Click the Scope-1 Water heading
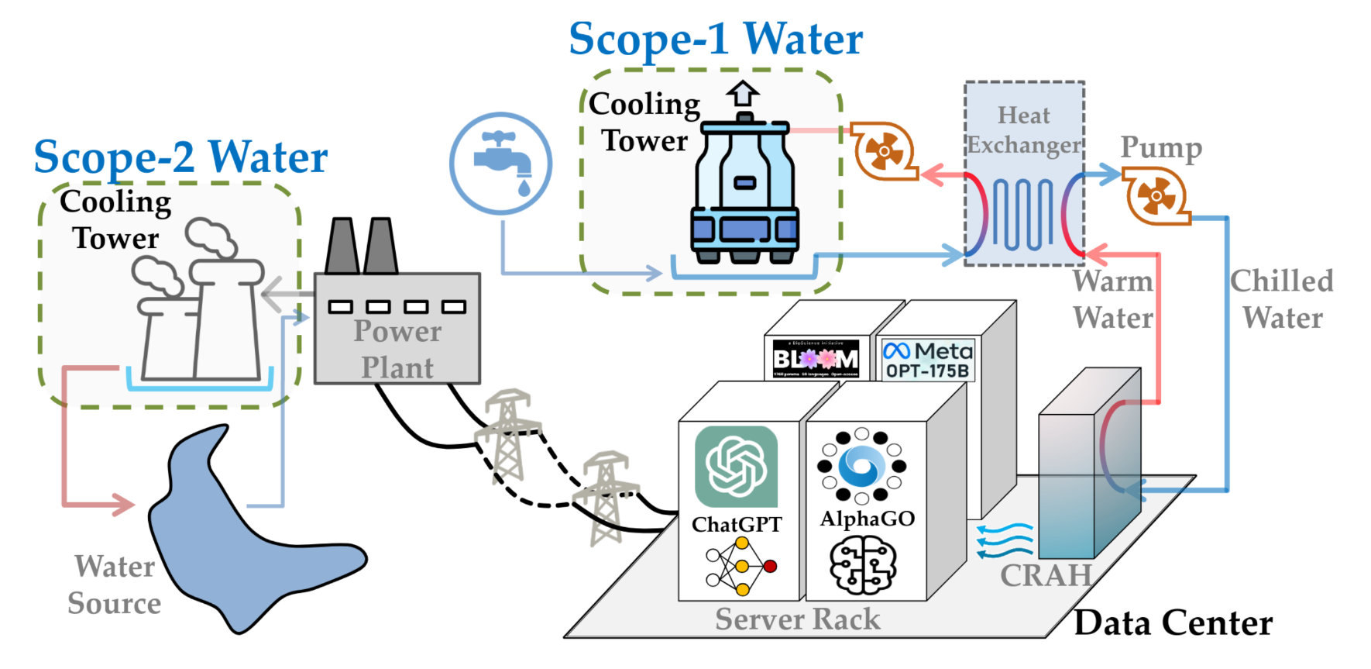(x=715, y=39)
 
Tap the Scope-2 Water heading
(x=180, y=157)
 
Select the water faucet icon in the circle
(x=501, y=163)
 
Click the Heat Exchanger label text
(x=1023, y=130)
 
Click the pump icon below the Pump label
(x=1156, y=196)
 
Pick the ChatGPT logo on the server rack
(x=736, y=467)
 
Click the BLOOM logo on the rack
(x=816, y=358)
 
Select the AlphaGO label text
(x=868, y=519)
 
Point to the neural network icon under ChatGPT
(x=740, y=567)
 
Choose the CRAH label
(x=1046, y=575)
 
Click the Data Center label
(x=1173, y=623)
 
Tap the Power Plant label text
(x=397, y=349)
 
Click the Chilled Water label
(x=1282, y=299)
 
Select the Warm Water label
(x=1113, y=299)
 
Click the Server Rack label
(x=797, y=619)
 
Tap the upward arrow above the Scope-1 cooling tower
(x=743, y=94)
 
